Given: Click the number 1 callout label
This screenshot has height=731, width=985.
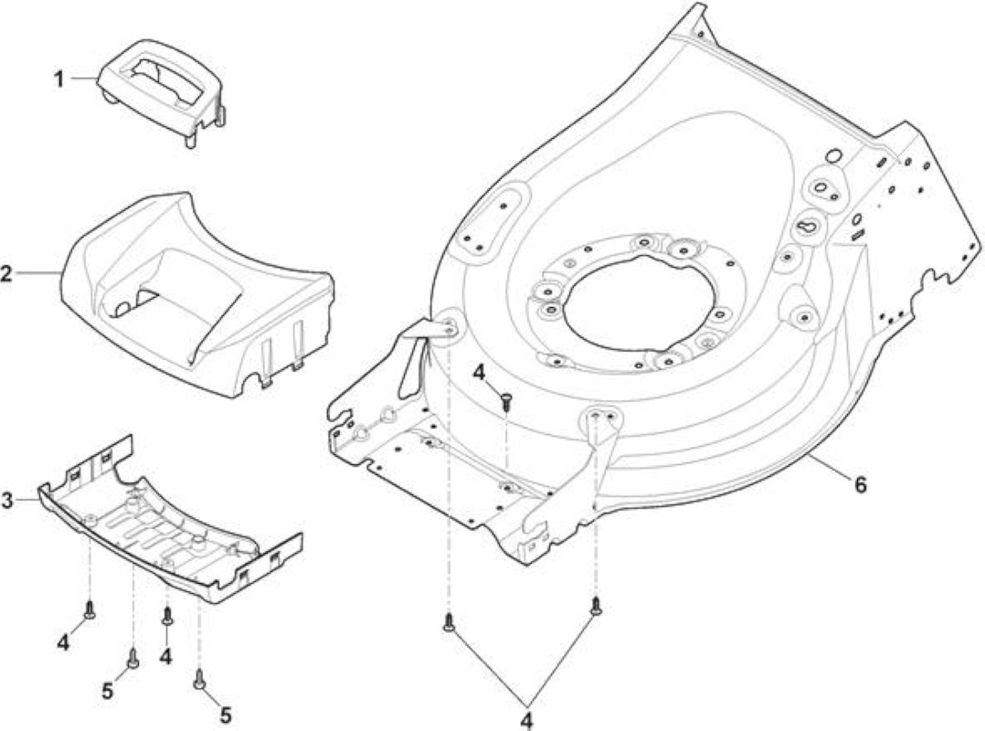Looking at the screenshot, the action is click(58, 79).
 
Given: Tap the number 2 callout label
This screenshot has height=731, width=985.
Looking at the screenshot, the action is click(6, 274).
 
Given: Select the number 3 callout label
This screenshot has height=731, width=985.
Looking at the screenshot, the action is click(7, 501).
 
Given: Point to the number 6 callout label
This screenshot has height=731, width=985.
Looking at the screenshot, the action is click(859, 484).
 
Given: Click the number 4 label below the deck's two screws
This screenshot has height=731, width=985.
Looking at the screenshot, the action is click(526, 720).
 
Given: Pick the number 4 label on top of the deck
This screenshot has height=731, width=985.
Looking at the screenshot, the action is click(480, 373).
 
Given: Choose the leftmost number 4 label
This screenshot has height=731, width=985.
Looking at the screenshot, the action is click(63, 643).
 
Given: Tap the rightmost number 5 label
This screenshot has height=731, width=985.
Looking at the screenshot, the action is click(225, 715).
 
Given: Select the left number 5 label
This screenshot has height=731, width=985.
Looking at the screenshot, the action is click(108, 692).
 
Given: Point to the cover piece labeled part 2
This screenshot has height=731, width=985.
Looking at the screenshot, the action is click(196, 295).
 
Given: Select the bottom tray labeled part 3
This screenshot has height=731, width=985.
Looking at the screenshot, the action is click(170, 521).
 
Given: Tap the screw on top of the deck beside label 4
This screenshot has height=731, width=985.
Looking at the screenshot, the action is click(506, 401).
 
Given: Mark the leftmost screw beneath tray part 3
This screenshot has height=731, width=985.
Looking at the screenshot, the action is click(90, 609).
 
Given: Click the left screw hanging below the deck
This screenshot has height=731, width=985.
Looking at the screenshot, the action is click(449, 621).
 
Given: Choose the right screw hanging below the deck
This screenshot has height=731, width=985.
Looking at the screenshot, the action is click(596, 606).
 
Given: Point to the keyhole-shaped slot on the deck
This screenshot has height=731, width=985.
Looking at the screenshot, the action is click(810, 225).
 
